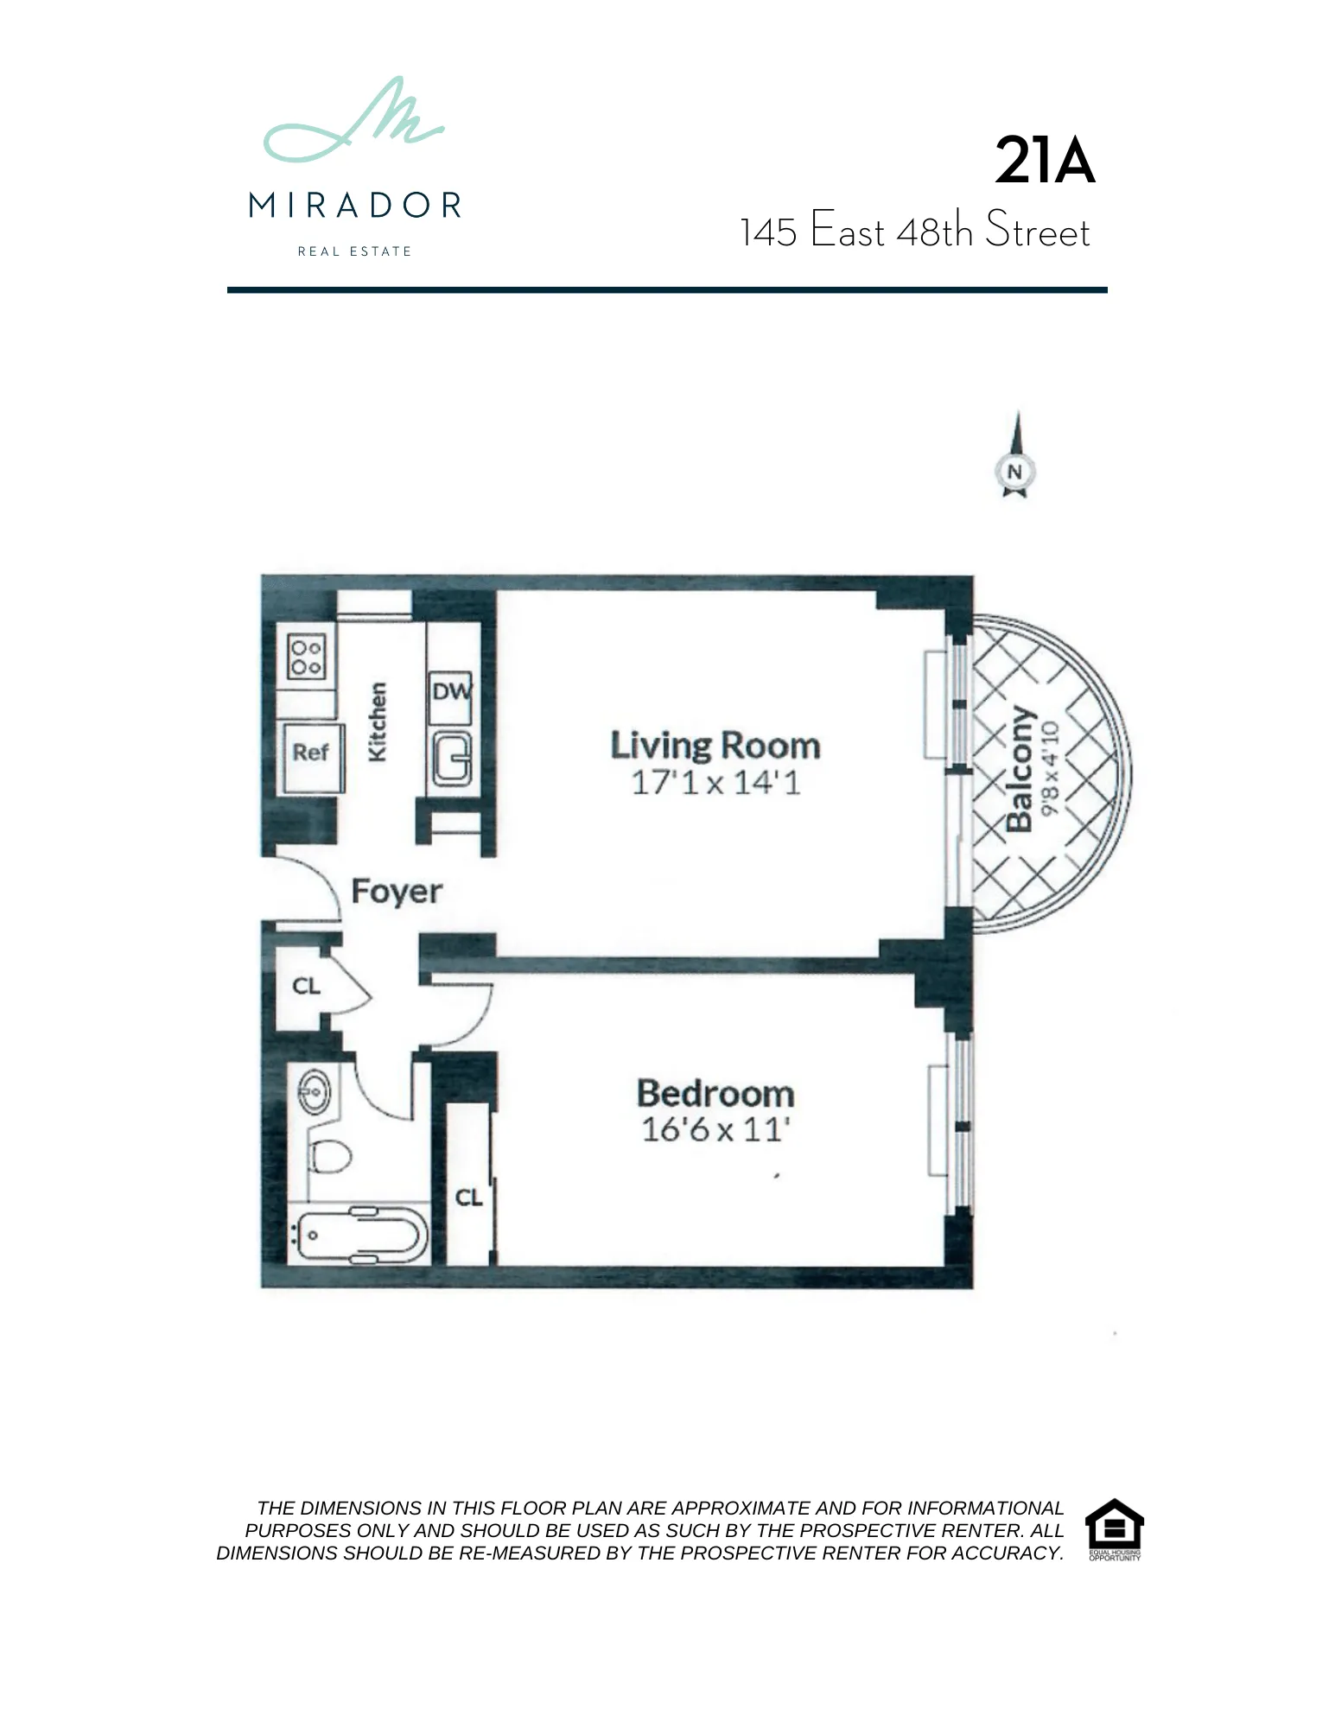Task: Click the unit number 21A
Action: pos(1044,161)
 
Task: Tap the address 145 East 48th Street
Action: pos(914,232)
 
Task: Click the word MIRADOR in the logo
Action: pos(354,206)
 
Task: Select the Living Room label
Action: pos(715,746)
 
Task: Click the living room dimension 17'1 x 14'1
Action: pos(715,783)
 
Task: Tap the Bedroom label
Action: pos(715,1094)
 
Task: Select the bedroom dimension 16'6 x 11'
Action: pos(715,1130)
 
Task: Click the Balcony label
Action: pos(1020,770)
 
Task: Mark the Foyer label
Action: pos(397,892)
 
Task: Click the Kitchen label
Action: pos(378,722)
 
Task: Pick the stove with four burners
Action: pos(306,658)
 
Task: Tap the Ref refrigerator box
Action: pos(310,753)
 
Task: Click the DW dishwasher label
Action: pos(451,692)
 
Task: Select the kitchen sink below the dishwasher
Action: pos(452,759)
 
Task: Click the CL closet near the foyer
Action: pos(306,986)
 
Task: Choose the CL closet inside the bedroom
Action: pos(468,1198)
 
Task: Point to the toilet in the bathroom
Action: pos(329,1154)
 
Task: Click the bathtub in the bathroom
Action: pos(359,1236)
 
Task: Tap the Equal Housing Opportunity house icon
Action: pos(1114,1524)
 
